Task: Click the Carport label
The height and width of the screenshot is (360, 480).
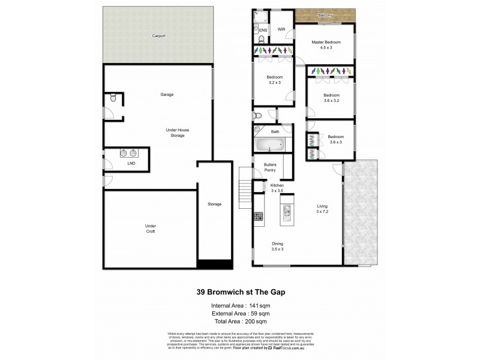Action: [x=158, y=36]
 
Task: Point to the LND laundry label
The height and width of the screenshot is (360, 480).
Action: [x=131, y=163]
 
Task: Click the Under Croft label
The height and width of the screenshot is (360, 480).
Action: [x=150, y=229]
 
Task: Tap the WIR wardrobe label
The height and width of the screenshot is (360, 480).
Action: [x=281, y=29]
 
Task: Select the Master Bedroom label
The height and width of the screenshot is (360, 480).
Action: [x=326, y=44]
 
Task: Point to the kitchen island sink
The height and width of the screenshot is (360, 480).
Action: [x=287, y=211]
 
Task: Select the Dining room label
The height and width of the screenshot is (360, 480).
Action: [x=277, y=245]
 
